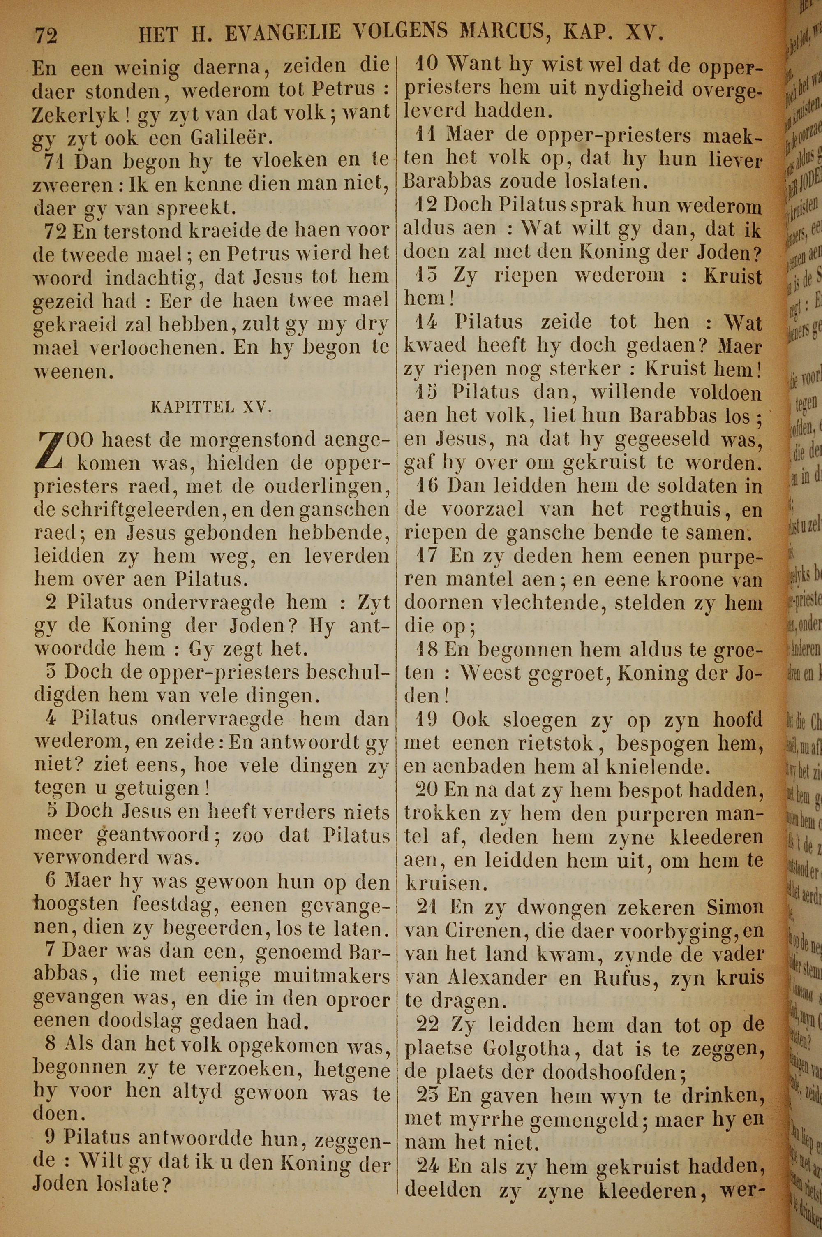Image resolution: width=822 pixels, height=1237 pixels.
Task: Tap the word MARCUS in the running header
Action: pos(500,32)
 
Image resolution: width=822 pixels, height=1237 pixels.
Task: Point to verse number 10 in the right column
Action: pos(428,64)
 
